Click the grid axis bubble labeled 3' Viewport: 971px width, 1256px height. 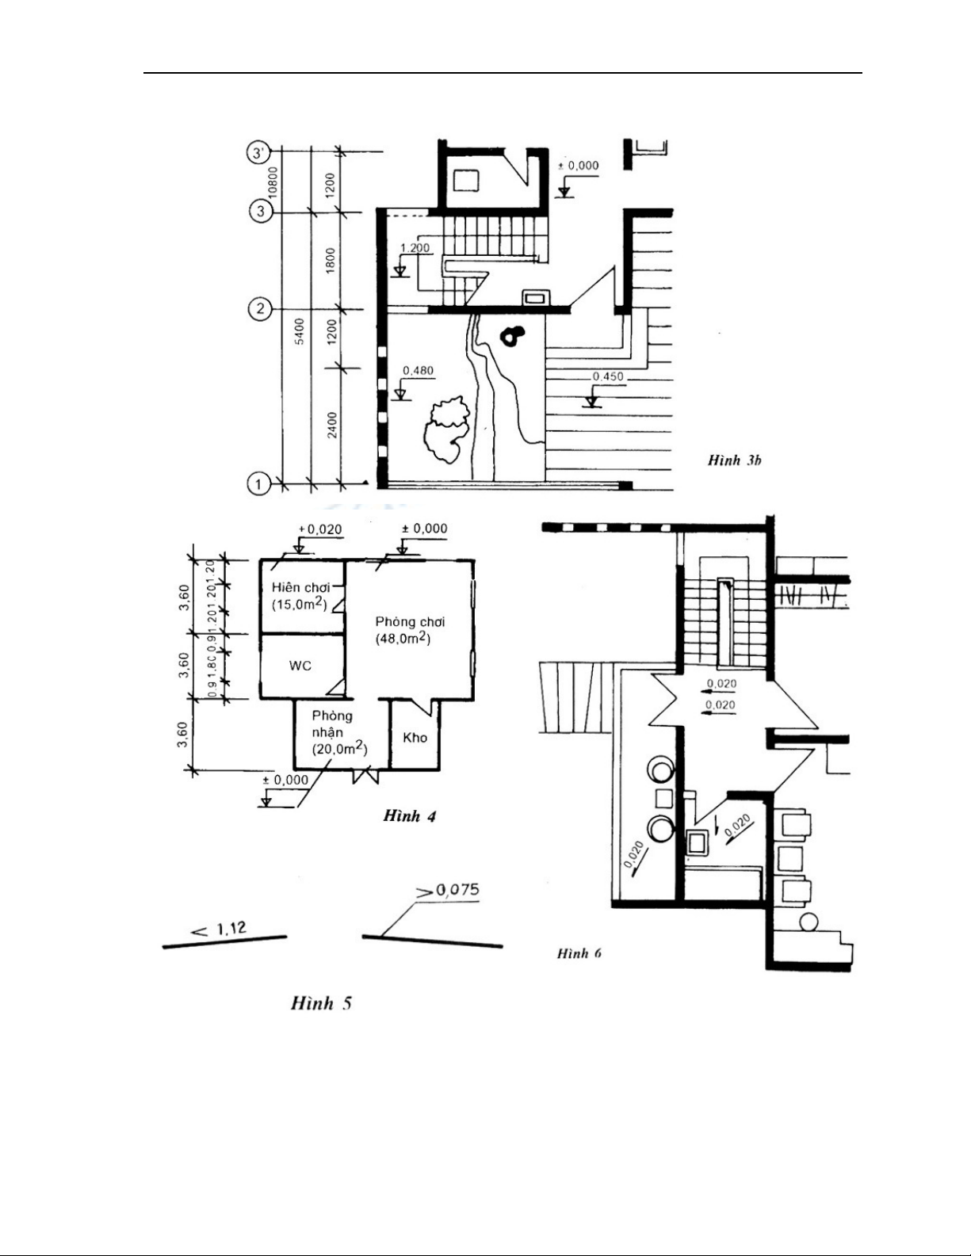259,152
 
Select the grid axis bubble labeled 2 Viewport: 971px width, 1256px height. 259,308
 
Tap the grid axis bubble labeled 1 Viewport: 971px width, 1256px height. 258,483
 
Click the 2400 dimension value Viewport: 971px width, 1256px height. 332,424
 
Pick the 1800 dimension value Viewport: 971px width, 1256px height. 331,261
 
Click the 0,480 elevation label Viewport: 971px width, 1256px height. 418,370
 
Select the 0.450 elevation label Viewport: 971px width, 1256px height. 608,376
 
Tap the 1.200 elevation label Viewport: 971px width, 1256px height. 415,248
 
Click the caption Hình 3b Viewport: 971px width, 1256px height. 735,460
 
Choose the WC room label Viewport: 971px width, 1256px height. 300,666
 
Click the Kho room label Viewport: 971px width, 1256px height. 415,738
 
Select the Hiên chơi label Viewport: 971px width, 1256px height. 300,587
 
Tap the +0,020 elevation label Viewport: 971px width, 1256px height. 319,529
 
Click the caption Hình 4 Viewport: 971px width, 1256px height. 409,815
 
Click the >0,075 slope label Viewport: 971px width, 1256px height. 448,891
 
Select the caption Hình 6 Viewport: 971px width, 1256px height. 579,952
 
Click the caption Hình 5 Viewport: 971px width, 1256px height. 321,1003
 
